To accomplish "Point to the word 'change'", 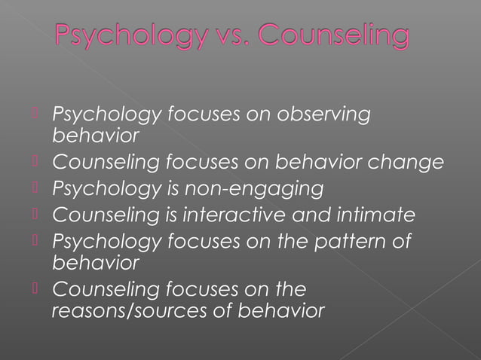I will coord(412,163).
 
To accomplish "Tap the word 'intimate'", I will coord(377,215).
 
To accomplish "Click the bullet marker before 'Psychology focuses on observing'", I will coord(35,114).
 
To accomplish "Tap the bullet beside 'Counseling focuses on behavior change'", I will coord(35,162).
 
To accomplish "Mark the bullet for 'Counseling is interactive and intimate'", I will coord(35,214).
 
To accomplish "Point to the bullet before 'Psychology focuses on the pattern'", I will coord(35,240).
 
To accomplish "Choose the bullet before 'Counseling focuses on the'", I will coord(35,288).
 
